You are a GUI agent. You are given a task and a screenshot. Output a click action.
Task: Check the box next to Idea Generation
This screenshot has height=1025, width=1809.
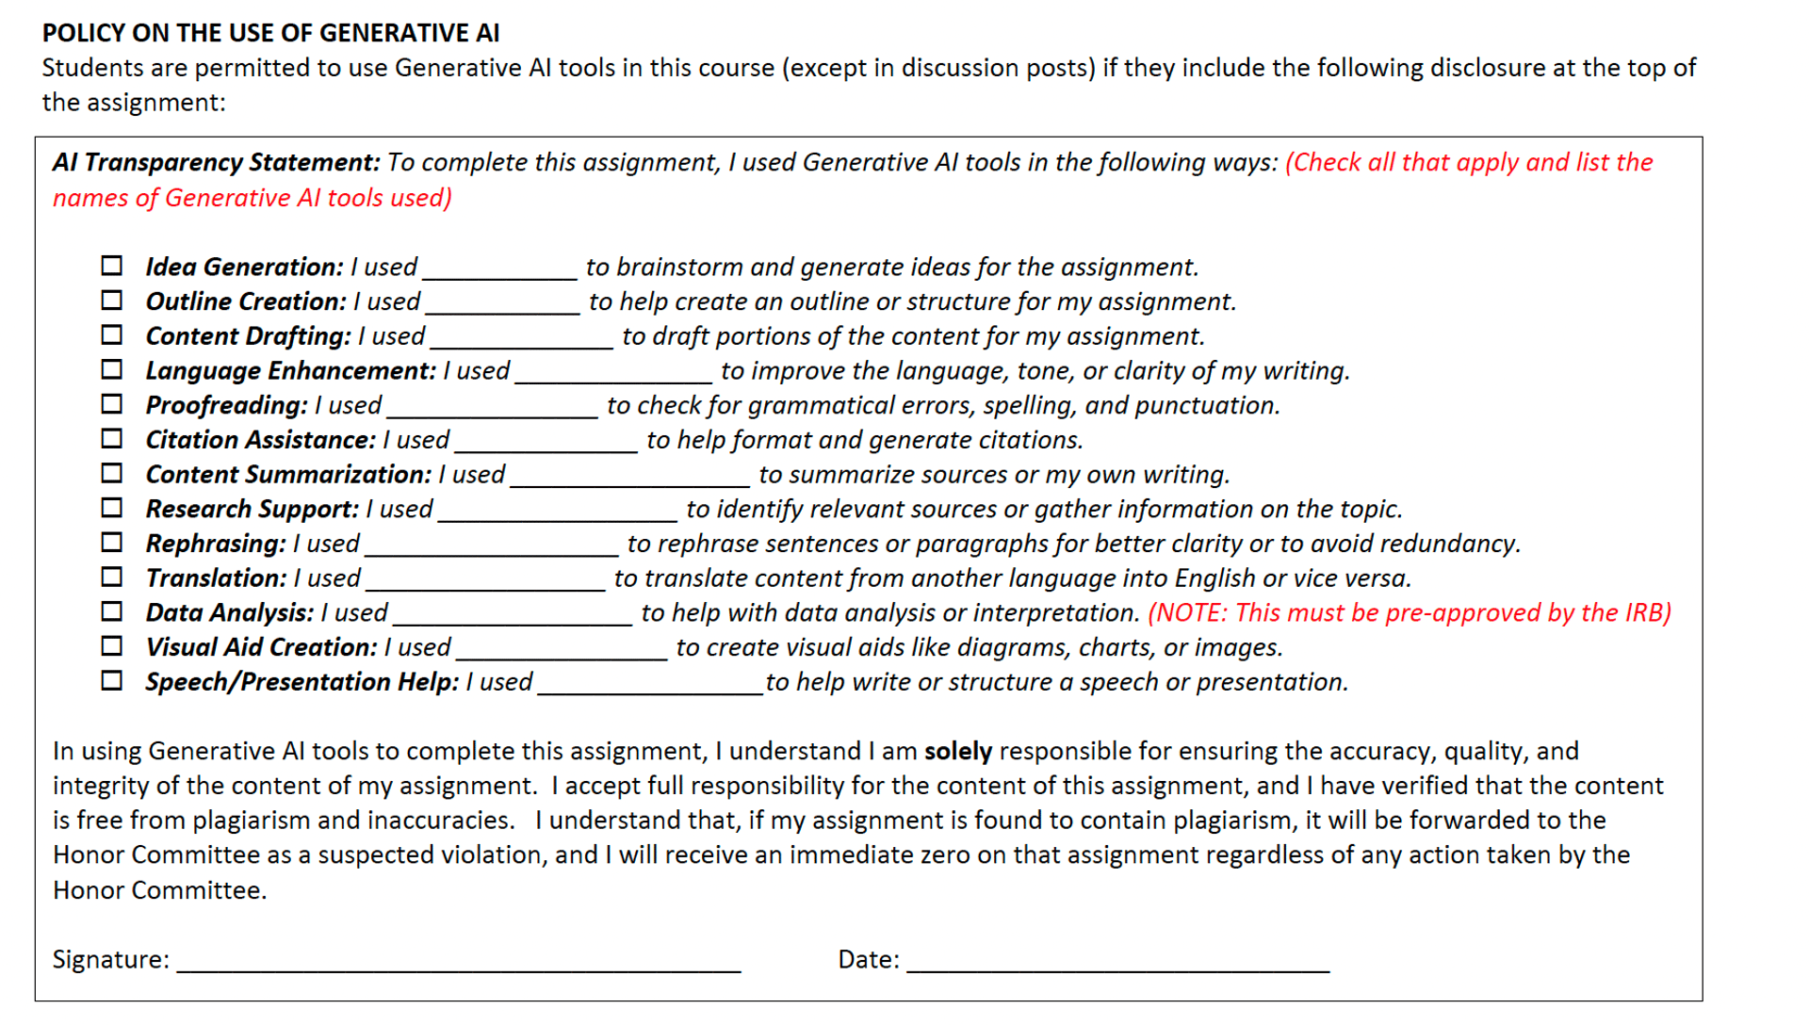[111, 266]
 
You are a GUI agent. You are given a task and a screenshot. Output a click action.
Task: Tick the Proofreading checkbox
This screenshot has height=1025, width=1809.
[111, 404]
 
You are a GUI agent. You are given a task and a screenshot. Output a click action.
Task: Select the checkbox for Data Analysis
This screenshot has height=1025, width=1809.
[111, 611]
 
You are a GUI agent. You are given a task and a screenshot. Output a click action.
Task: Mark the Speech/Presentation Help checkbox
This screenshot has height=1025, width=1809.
[111, 680]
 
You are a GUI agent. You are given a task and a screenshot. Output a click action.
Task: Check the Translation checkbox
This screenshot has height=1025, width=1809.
[111, 577]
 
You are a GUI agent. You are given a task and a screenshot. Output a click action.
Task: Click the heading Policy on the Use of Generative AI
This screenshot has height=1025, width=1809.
[270, 33]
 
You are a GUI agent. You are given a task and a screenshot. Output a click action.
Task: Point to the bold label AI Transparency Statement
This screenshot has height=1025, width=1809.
[216, 162]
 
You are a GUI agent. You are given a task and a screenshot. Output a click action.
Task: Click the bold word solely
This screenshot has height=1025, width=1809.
[957, 751]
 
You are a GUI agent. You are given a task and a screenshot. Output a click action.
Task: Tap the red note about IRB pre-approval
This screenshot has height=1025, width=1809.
[1409, 612]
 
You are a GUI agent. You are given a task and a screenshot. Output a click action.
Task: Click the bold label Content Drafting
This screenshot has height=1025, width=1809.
[248, 336]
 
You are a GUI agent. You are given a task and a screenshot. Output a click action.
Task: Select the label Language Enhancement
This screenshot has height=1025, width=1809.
[290, 371]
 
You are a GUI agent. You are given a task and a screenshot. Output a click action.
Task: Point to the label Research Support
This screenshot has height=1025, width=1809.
[252, 509]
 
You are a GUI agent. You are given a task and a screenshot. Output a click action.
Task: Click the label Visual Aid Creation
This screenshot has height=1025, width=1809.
[261, 647]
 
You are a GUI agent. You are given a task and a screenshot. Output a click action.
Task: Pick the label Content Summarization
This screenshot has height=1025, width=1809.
[288, 475]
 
